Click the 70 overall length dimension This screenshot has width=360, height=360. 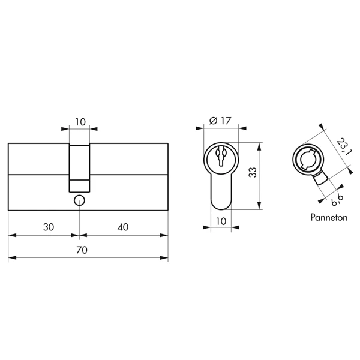(x=82, y=250)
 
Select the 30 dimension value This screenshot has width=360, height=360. (x=49, y=227)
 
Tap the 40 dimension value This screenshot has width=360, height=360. (x=123, y=227)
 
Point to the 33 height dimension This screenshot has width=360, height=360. (x=253, y=172)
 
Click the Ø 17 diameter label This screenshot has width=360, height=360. (x=220, y=121)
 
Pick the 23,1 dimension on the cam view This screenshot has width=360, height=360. (x=344, y=146)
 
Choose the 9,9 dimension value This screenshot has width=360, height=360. (x=337, y=200)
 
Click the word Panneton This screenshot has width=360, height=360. (x=329, y=217)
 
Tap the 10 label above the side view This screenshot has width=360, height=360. (x=80, y=122)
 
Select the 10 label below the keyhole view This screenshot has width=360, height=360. (x=221, y=221)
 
